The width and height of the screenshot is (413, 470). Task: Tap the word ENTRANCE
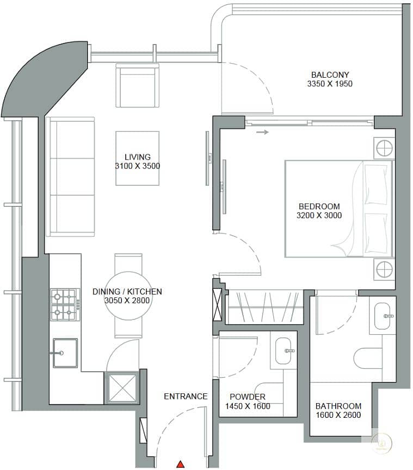coord(186,396)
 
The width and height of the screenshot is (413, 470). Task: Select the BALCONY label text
coord(330,74)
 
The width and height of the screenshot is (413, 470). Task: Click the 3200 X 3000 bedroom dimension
coord(319,215)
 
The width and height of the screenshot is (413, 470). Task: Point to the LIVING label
coord(138,157)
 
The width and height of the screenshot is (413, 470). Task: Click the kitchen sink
coord(65,353)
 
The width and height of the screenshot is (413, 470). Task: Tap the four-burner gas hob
coord(65,304)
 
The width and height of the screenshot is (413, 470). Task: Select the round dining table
coord(128,296)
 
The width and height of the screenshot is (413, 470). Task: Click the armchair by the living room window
coord(137,85)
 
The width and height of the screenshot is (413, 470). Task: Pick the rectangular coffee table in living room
coord(138,158)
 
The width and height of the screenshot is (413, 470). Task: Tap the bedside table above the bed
coord(384,148)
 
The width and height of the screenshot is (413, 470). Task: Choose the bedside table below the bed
coord(384,269)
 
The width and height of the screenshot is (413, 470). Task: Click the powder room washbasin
coord(283,350)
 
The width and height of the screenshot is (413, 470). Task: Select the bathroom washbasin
coord(383,316)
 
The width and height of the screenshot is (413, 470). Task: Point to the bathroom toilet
coord(368,358)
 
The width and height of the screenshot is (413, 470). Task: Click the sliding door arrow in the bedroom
coord(262,132)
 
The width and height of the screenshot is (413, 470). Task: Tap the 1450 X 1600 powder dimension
coord(248,406)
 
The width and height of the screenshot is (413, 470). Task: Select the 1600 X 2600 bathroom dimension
coord(338,415)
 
